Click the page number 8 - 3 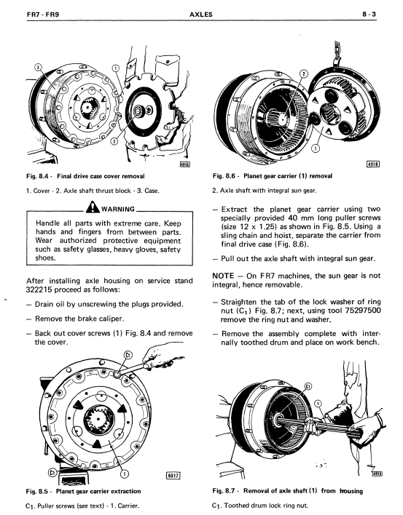point(369,15)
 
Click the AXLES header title point(201,15)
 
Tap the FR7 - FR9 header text point(43,15)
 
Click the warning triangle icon point(93,207)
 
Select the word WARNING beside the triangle point(118,209)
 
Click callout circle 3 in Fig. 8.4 point(38,67)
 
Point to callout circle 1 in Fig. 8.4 point(115,68)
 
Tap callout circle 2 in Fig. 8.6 point(305,73)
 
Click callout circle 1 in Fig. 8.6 point(316,149)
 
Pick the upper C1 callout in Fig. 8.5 point(128,355)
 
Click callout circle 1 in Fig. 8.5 point(125,474)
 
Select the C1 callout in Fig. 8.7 point(308,386)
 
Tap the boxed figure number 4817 point(174,475)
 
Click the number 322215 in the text point(39,290)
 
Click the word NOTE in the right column point(224,276)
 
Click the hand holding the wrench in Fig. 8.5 point(158,356)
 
